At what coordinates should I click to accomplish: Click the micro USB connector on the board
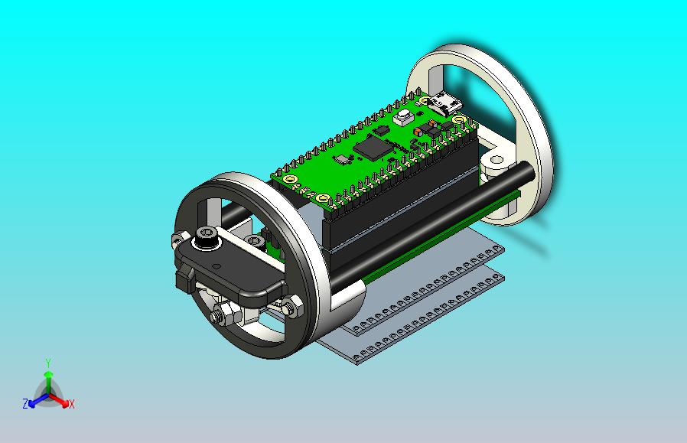[447, 104]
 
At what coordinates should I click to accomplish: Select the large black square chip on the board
[373, 147]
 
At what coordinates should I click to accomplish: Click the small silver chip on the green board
[342, 159]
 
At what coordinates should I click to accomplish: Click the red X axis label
[72, 404]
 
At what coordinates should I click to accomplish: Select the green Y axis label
[48, 363]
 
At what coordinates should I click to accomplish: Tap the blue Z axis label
[25, 403]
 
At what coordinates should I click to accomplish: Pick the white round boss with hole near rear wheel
[496, 161]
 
